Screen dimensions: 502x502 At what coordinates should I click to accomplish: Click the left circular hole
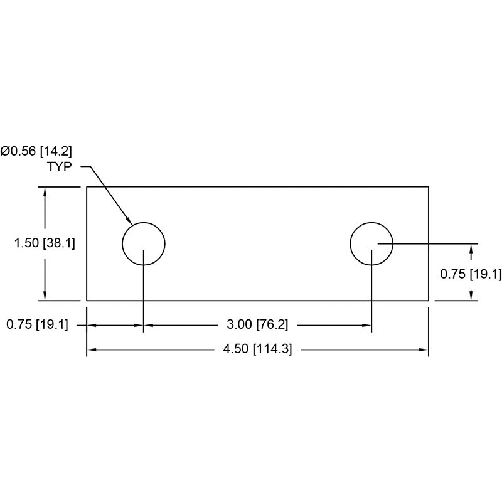[x=144, y=243]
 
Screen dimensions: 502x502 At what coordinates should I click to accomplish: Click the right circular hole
[x=371, y=243]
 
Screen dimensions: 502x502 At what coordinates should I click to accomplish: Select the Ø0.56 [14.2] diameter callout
[x=36, y=151]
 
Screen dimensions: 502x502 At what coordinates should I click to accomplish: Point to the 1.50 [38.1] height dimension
[x=45, y=243]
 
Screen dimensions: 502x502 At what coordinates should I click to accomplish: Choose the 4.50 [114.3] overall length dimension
[x=258, y=349]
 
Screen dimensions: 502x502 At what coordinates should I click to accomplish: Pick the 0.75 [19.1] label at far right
[x=471, y=274]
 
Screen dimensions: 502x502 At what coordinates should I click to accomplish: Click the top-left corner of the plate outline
[x=87, y=186]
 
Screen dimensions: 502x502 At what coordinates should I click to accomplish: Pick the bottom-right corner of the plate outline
[x=429, y=301]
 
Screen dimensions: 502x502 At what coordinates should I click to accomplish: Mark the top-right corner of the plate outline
[x=429, y=186]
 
